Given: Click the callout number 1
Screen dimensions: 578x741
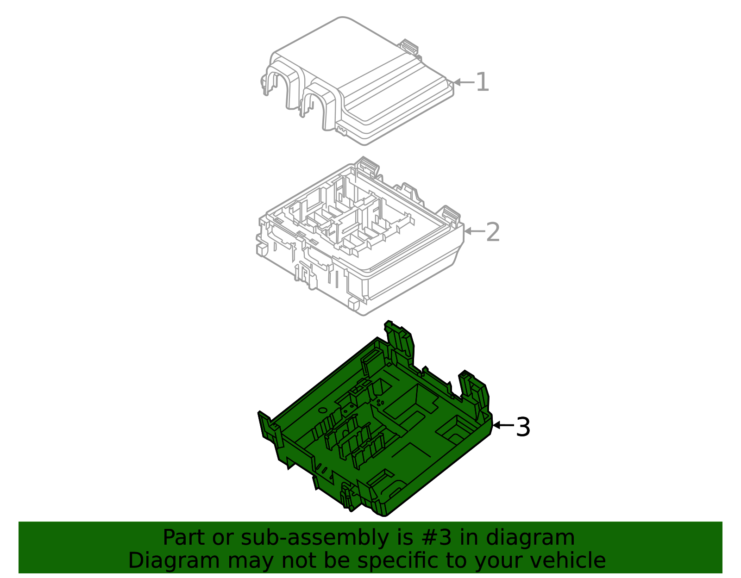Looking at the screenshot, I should pos(482,82).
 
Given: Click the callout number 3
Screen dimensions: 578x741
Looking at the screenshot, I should pos(523,427).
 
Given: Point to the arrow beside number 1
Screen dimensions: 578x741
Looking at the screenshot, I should pos(463,82).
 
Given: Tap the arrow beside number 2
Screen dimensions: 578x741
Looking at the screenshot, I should pos(474,231).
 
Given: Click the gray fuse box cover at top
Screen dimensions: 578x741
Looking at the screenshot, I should pos(370,83).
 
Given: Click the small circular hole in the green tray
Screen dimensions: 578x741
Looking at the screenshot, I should pos(322,410).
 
